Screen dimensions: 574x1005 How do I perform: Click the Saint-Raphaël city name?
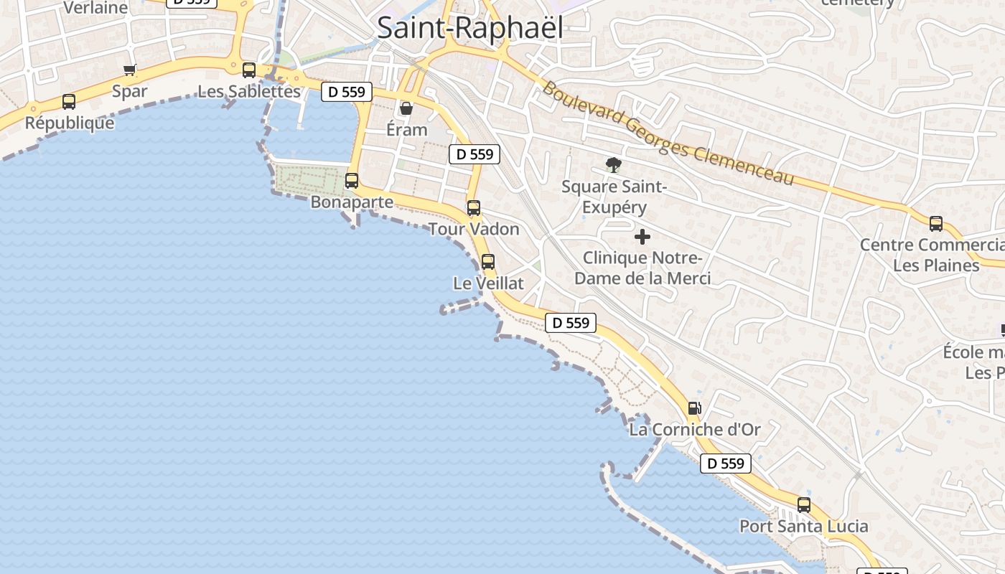[x=469, y=28]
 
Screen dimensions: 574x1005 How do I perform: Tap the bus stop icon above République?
[x=69, y=102]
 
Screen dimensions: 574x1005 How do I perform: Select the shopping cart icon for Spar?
[x=130, y=70]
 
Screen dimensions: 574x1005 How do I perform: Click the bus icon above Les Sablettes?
[x=249, y=70]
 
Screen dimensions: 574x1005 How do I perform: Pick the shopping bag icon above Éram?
[x=406, y=108]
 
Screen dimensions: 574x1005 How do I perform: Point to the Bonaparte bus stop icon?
[x=352, y=181]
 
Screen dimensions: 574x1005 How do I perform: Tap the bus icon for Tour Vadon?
[x=474, y=208]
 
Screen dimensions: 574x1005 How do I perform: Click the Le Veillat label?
[x=488, y=283]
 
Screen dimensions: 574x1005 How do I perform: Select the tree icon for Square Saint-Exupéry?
[x=613, y=166]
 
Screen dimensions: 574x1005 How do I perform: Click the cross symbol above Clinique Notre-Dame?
[x=642, y=237]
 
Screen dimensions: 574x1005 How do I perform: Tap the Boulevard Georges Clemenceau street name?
[x=668, y=133]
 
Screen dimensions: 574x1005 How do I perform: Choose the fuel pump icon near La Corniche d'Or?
[x=694, y=408]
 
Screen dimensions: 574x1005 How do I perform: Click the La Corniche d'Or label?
[x=694, y=430]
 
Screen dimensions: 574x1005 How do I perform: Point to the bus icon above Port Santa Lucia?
[x=804, y=504]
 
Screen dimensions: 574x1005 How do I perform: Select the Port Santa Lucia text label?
[x=804, y=526]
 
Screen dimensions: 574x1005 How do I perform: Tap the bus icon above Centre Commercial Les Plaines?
[x=936, y=223]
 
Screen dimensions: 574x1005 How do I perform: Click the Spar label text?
[x=130, y=91]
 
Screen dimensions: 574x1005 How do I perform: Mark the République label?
[x=70, y=123]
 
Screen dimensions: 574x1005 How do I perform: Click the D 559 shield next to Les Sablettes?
[x=347, y=92]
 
